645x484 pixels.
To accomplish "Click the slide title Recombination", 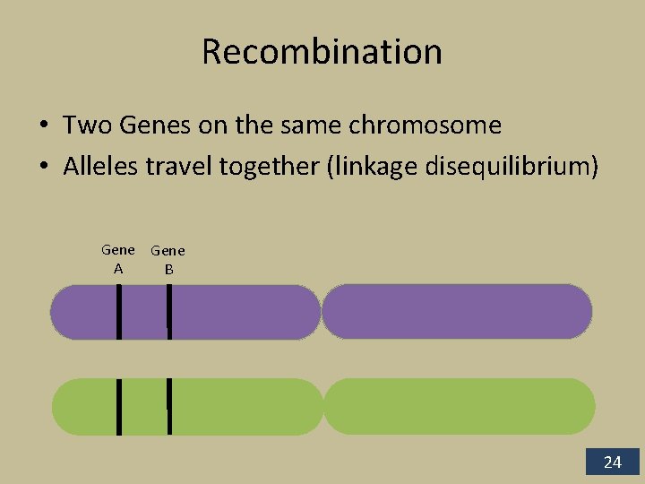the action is (x=322, y=52).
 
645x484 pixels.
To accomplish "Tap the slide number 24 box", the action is (x=613, y=462).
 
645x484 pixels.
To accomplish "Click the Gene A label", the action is (x=118, y=259).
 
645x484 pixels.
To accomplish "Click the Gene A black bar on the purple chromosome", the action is (x=118, y=311).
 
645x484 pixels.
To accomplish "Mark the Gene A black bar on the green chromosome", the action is (x=118, y=406).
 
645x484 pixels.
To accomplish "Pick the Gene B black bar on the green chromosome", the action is (x=168, y=406).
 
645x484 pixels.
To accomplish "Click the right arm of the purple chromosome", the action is (x=457, y=311).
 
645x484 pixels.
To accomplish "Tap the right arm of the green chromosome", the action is (x=459, y=406).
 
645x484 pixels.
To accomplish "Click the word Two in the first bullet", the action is (x=83, y=125).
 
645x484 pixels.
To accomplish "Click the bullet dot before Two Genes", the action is (x=43, y=126).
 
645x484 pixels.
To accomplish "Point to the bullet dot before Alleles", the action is (x=43, y=168).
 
